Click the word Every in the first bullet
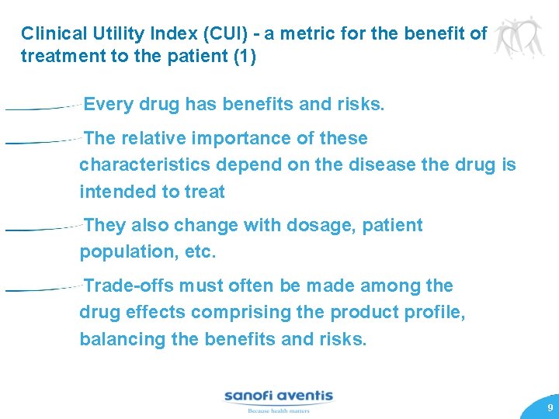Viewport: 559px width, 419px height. (x=109, y=104)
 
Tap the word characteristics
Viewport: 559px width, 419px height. (x=145, y=165)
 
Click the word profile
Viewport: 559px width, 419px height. (x=438, y=313)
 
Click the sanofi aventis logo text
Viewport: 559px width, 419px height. (x=279, y=396)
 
